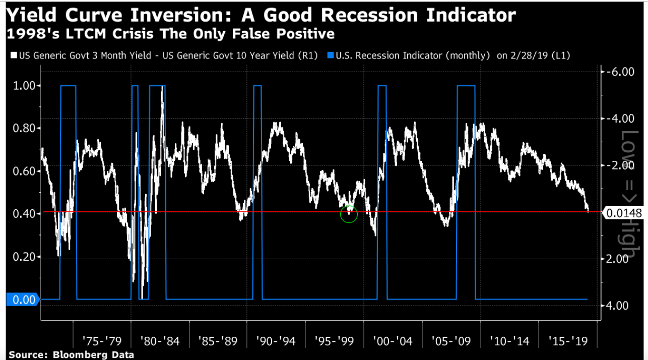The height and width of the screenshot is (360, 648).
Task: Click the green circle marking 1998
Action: [349, 214]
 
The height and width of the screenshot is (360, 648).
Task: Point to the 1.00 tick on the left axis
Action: [23, 86]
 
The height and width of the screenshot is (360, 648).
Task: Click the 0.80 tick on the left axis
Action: [23, 129]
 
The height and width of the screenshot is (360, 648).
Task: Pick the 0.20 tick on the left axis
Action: [23, 257]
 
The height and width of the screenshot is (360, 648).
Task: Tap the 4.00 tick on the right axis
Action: [620, 305]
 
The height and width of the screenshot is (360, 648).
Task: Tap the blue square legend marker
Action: [331, 55]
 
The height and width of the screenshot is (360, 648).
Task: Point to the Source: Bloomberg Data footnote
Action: [71, 355]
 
